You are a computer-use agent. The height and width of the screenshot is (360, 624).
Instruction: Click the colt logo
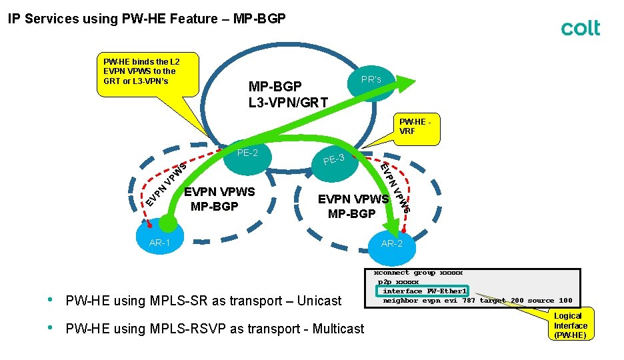[580, 28]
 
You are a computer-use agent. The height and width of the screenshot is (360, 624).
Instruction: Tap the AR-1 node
[160, 242]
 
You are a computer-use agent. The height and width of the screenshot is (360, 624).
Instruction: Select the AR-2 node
[392, 243]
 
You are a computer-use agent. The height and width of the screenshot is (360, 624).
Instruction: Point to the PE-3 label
[333, 159]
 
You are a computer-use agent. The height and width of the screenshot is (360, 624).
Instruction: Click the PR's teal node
[371, 80]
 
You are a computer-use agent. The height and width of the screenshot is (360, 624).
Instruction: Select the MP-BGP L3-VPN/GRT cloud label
[287, 94]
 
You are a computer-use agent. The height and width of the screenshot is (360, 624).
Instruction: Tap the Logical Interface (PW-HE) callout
[570, 325]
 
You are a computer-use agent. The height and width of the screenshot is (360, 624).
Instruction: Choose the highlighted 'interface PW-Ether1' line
[425, 291]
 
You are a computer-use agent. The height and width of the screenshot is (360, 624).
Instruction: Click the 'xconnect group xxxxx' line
[418, 273]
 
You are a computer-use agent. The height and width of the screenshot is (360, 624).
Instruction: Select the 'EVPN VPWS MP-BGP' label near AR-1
[219, 199]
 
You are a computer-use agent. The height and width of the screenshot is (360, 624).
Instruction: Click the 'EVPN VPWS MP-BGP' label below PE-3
[353, 206]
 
